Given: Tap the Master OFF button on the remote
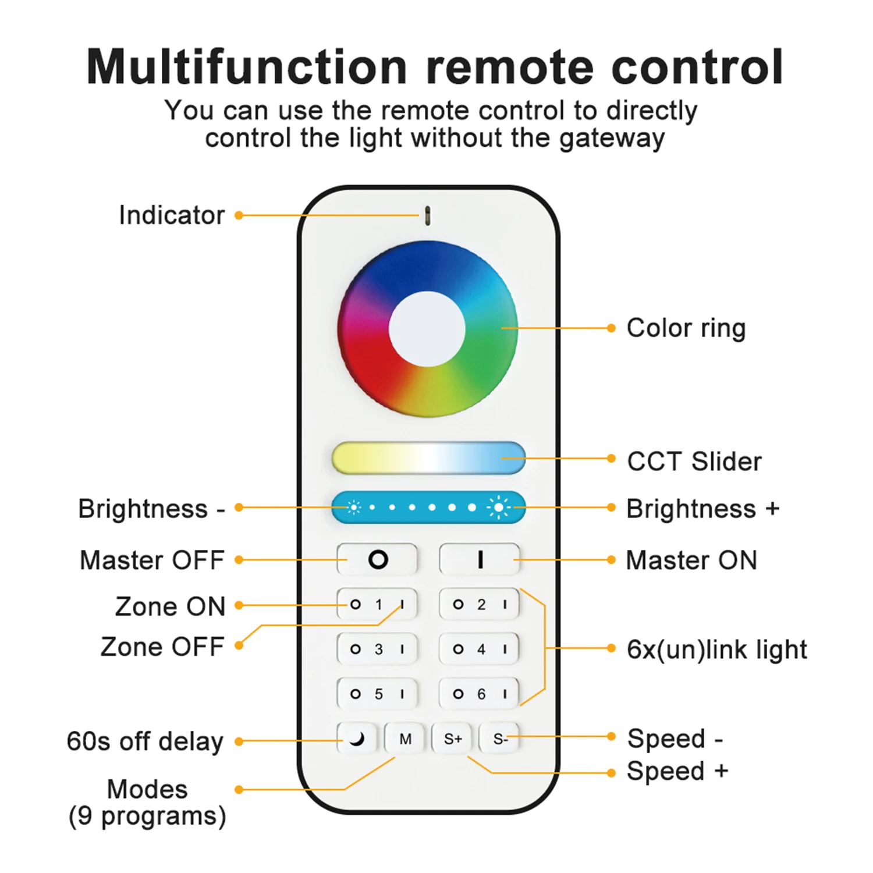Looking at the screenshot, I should (377, 559).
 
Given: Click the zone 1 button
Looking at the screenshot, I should (378, 605).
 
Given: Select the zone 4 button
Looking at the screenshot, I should (480, 649).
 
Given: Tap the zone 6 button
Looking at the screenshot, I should (480, 694).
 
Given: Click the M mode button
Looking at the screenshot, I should (405, 739).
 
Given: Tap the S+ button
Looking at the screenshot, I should (452, 739).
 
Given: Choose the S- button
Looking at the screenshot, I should (499, 739).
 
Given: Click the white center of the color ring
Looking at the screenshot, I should (427, 329).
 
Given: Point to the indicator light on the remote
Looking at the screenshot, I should (428, 215).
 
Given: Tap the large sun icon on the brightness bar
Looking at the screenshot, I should (499, 508).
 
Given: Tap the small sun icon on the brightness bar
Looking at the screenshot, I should (353, 508).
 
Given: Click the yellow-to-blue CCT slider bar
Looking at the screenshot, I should (428, 458).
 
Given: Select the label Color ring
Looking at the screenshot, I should (686, 328).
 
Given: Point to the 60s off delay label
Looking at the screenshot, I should (145, 741).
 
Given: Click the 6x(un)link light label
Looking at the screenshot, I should (716, 650).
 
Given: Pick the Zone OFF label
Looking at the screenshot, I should (162, 647).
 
